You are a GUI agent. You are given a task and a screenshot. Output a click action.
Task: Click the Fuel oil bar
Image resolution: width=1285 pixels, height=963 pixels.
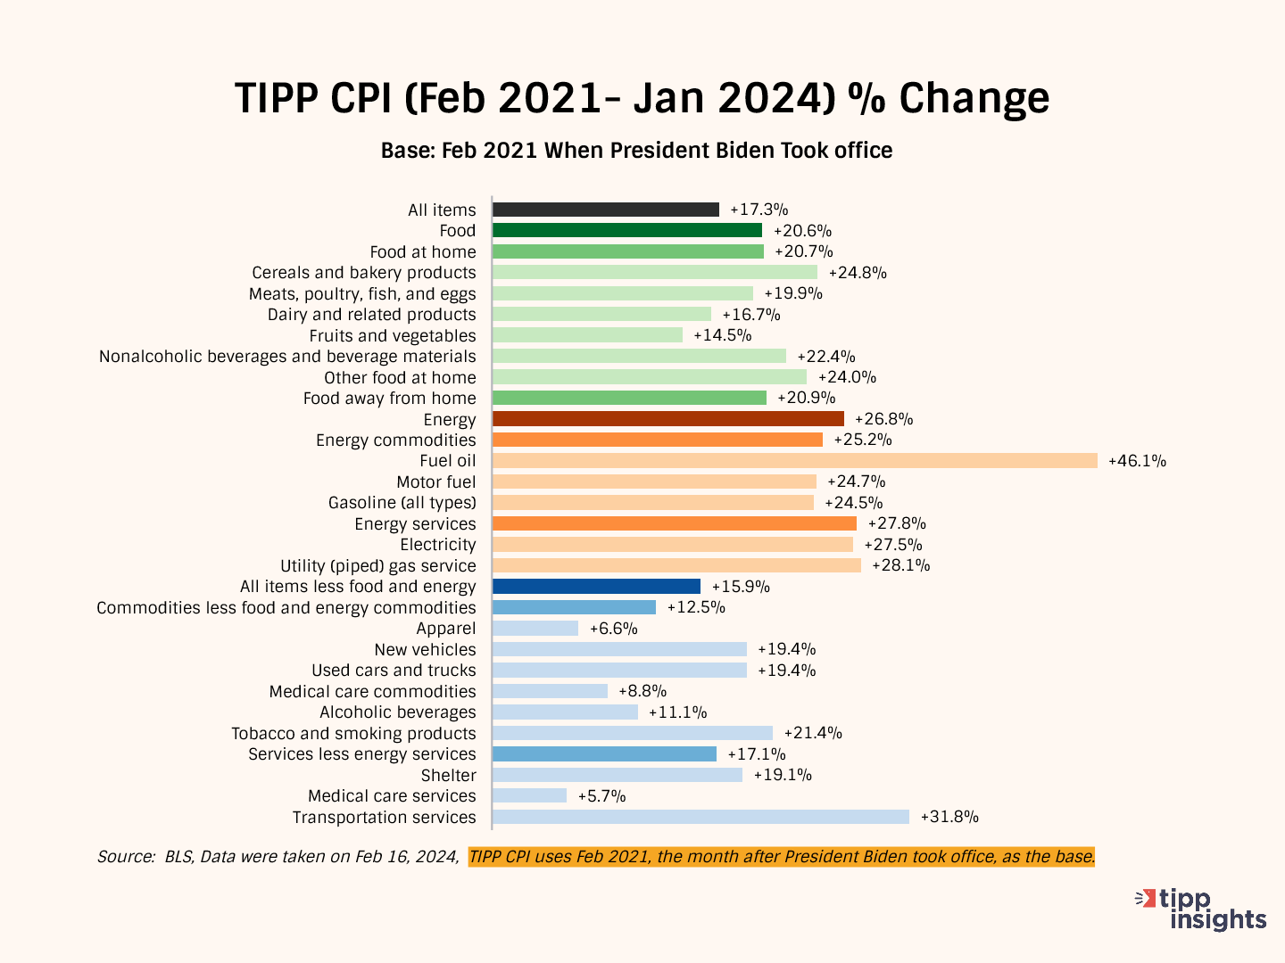tap(794, 461)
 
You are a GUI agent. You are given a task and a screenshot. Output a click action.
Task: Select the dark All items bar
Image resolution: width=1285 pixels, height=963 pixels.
tap(605, 210)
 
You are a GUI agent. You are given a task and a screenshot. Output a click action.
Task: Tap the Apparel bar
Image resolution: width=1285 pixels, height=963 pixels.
tap(535, 629)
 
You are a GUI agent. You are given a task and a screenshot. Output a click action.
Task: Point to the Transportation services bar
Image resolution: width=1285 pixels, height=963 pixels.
tap(701, 817)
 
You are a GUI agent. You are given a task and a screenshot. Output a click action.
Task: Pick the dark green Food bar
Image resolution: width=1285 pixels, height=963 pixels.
tap(626, 231)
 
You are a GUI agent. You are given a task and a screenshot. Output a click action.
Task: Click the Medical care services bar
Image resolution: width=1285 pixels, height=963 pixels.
tap(529, 795)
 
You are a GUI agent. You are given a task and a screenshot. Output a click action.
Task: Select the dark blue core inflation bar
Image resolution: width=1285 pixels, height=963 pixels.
tap(596, 587)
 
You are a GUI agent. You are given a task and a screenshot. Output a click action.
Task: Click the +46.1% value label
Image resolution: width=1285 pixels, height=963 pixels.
tap(1137, 461)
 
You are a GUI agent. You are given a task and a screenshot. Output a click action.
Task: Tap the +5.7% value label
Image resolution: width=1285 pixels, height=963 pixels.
tap(601, 796)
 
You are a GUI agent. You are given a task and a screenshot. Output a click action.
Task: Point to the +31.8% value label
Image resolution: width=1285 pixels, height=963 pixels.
tap(949, 817)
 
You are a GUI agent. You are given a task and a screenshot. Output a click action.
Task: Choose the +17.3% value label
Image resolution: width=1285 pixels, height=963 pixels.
tap(759, 210)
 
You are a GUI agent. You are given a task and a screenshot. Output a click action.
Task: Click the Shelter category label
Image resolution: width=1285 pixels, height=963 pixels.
tap(448, 776)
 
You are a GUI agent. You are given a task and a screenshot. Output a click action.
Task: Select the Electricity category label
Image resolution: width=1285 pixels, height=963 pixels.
tap(437, 545)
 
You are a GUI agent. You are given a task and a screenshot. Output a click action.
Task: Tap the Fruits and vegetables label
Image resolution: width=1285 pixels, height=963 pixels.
tap(393, 336)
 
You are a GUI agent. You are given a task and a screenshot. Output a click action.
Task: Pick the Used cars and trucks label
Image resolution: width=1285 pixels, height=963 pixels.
tap(394, 671)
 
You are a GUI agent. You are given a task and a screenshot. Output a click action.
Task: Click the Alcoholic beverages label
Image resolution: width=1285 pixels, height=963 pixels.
tap(398, 712)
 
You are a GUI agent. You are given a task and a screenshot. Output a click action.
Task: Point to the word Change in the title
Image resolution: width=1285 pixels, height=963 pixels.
tap(974, 98)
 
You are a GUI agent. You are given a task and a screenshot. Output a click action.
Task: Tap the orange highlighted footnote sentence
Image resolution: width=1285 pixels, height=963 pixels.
tap(781, 857)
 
